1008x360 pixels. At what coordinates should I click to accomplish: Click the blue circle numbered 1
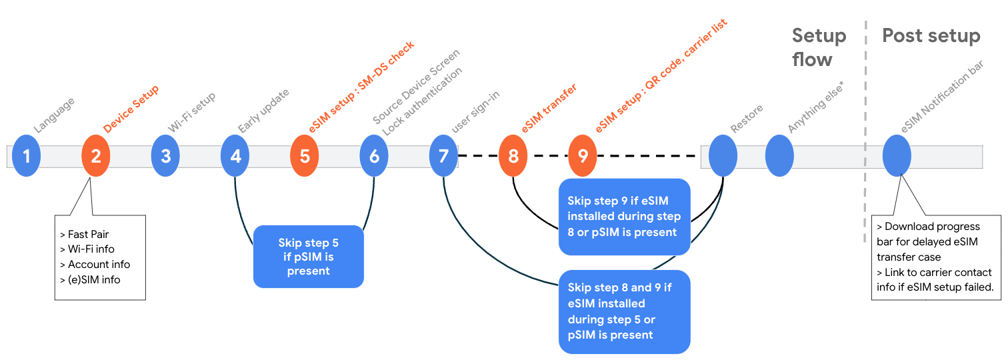[27, 156]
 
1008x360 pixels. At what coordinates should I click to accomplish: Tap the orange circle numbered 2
[96, 156]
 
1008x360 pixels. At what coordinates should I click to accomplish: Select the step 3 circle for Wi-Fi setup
[165, 156]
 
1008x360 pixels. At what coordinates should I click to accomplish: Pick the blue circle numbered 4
[235, 156]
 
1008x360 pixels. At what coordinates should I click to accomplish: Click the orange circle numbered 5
[305, 156]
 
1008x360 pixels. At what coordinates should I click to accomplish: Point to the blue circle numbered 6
[374, 156]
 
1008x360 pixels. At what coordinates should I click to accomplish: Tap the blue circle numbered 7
[443, 156]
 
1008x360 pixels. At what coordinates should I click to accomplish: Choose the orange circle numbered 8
[513, 156]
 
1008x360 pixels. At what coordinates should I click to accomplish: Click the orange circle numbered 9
[583, 156]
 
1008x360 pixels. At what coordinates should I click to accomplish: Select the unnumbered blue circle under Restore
[723, 156]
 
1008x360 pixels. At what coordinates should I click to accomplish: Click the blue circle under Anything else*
[779, 156]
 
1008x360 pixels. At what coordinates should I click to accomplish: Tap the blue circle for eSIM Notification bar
[897, 156]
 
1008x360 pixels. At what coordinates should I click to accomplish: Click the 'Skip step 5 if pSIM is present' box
[308, 257]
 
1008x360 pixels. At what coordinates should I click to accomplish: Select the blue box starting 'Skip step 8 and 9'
[624, 311]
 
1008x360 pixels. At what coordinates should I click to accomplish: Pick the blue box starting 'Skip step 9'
[624, 217]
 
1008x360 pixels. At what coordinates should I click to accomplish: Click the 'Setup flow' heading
[819, 47]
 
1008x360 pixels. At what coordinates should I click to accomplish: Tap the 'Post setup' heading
[931, 36]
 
